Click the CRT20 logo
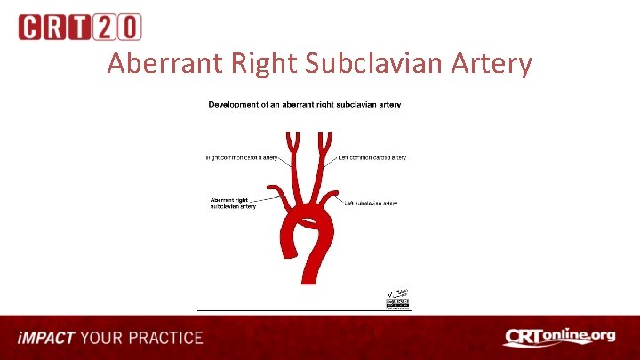(79, 27)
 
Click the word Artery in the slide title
(489, 63)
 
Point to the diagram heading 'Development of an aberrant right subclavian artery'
(304, 105)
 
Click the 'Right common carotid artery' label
(241, 158)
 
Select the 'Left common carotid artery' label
(372, 158)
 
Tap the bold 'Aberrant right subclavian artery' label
(234, 204)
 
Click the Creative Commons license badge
(397, 304)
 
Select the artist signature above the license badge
(396, 292)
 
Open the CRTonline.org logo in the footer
(559, 337)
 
